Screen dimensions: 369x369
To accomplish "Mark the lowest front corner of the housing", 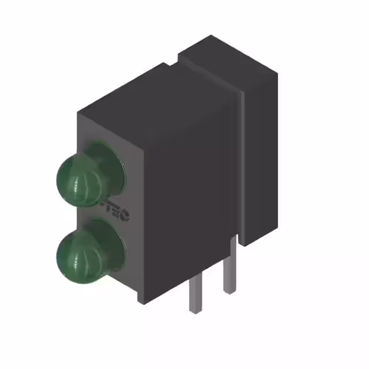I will pos(141,301).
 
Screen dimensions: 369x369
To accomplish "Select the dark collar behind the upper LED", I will pos(110,167).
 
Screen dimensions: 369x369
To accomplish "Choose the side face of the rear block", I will pos(262,156).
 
